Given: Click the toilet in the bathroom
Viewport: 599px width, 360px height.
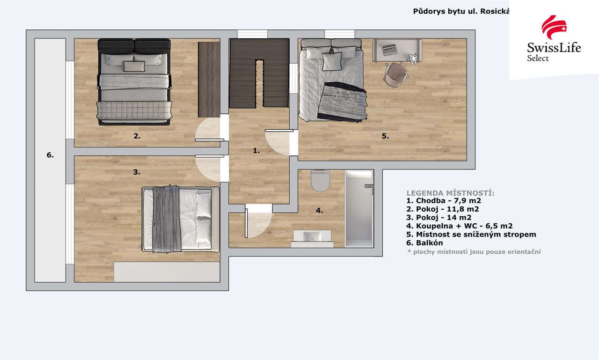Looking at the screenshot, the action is click(320, 181).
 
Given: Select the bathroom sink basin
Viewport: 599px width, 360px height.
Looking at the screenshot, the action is click(312, 236).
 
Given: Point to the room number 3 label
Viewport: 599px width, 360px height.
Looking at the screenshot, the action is click(137, 172).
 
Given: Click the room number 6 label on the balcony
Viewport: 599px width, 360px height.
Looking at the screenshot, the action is click(50, 155).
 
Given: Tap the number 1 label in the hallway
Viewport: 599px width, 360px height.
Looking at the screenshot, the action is click(256, 151).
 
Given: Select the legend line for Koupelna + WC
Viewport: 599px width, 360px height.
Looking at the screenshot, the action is click(460, 226).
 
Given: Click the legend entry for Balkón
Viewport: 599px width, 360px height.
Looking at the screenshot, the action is click(424, 243).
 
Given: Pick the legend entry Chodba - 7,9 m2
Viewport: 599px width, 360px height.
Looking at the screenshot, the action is click(444, 200).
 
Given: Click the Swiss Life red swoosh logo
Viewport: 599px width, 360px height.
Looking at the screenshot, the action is click(554, 27).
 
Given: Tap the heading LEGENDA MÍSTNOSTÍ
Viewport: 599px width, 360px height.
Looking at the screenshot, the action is click(450, 193).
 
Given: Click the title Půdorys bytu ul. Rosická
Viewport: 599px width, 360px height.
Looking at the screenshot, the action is click(461, 11).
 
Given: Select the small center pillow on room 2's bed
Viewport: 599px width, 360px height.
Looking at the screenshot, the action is click(134, 66).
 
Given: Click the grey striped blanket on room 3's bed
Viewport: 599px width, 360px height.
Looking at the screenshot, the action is click(166, 219).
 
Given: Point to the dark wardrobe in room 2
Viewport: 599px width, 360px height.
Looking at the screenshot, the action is click(209, 80).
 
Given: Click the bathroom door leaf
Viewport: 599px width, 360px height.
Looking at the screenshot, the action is click(246, 223).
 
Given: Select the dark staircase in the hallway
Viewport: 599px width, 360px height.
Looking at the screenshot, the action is click(259, 73).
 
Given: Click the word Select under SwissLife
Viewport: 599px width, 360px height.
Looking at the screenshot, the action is click(538, 58).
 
